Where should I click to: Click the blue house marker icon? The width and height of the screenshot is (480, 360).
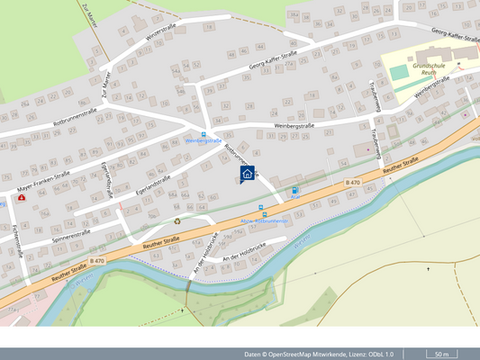point(247,175)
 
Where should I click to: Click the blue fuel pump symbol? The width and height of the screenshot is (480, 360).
point(295,191)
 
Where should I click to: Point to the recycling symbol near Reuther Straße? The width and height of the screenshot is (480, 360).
point(177,220)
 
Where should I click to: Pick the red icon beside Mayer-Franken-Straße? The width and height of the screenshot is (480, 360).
point(21,196)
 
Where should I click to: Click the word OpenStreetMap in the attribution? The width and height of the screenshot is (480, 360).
point(303,354)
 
